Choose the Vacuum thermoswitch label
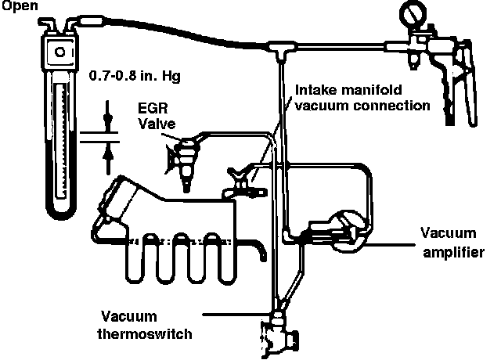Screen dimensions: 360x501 147,324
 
